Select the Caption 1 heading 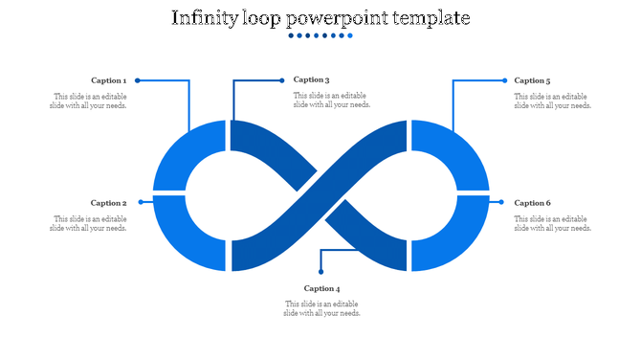(108, 80)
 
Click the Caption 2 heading (108, 203)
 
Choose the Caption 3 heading (312, 79)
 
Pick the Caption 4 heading (322, 288)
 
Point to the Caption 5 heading (532, 80)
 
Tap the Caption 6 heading (532, 203)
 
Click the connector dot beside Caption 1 (138, 80)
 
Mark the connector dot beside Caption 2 (141, 202)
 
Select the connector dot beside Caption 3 (281, 80)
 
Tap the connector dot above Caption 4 (320, 272)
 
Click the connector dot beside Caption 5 (504, 80)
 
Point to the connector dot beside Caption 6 (500, 202)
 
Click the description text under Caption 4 (322, 308)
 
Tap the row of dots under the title (320, 35)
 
